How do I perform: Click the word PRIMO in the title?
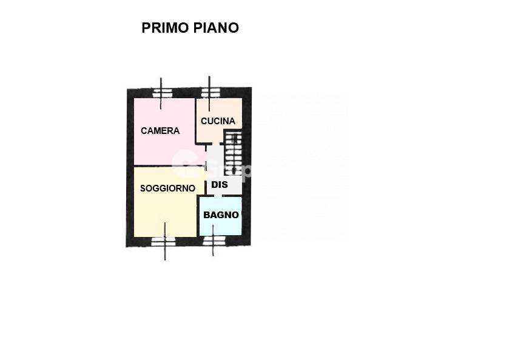click(x=166, y=28)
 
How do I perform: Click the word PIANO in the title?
click(x=216, y=28)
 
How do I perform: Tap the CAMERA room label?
click(x=160, y=131)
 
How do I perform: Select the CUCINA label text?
click(x=218, y=121)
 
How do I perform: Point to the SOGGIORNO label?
click(x=168, y=188)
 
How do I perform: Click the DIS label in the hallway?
click(x=220, y=184)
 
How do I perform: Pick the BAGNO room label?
click(x=221, y=215)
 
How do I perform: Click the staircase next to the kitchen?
click(x=233, y=152)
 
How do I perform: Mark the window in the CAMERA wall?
click(x=162, y=93)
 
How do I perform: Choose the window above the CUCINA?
click(x=210, y=93)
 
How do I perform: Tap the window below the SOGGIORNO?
click(x=164, y=242)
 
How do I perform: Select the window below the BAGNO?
click(x=214, y=241)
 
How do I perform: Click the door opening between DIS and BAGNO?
click(x=218, y=196)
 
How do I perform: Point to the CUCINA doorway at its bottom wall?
click(x=216, y=144)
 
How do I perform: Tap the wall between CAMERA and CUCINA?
click(x=195, y=121)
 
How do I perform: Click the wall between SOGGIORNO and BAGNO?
click(x=198, y=216)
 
